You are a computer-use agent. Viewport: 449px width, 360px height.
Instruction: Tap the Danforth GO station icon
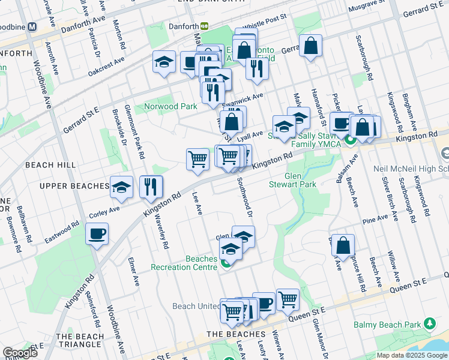204,26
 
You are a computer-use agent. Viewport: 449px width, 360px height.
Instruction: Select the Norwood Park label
170,107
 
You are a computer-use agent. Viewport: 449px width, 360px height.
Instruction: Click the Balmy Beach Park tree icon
429,324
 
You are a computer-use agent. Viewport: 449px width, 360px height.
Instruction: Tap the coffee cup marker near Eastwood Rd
96,234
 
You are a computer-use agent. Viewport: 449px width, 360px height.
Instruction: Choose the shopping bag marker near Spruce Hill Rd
343,245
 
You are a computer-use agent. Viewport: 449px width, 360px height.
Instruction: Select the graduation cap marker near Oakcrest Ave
164,62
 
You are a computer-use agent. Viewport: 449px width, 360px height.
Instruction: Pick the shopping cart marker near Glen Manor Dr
288,298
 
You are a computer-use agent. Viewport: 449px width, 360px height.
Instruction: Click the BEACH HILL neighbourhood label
50,164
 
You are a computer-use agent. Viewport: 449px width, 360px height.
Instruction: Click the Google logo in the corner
20,353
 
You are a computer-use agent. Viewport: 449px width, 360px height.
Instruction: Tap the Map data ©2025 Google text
412,355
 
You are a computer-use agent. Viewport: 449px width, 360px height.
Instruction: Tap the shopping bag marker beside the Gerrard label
311,46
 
